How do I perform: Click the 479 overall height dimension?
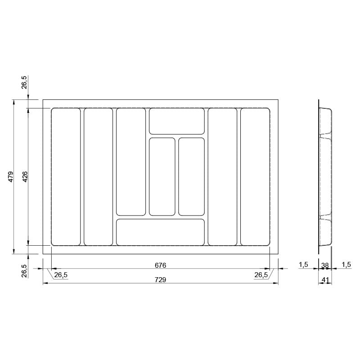11,176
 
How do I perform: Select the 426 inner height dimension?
25,176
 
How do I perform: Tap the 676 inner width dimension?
160,265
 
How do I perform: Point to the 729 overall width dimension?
160,279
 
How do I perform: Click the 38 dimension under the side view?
325,265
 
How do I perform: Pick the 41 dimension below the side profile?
325,280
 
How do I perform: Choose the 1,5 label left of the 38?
303,265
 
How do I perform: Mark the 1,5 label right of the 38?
346,265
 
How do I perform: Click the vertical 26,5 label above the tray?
24,82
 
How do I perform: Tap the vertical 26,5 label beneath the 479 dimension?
24,271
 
